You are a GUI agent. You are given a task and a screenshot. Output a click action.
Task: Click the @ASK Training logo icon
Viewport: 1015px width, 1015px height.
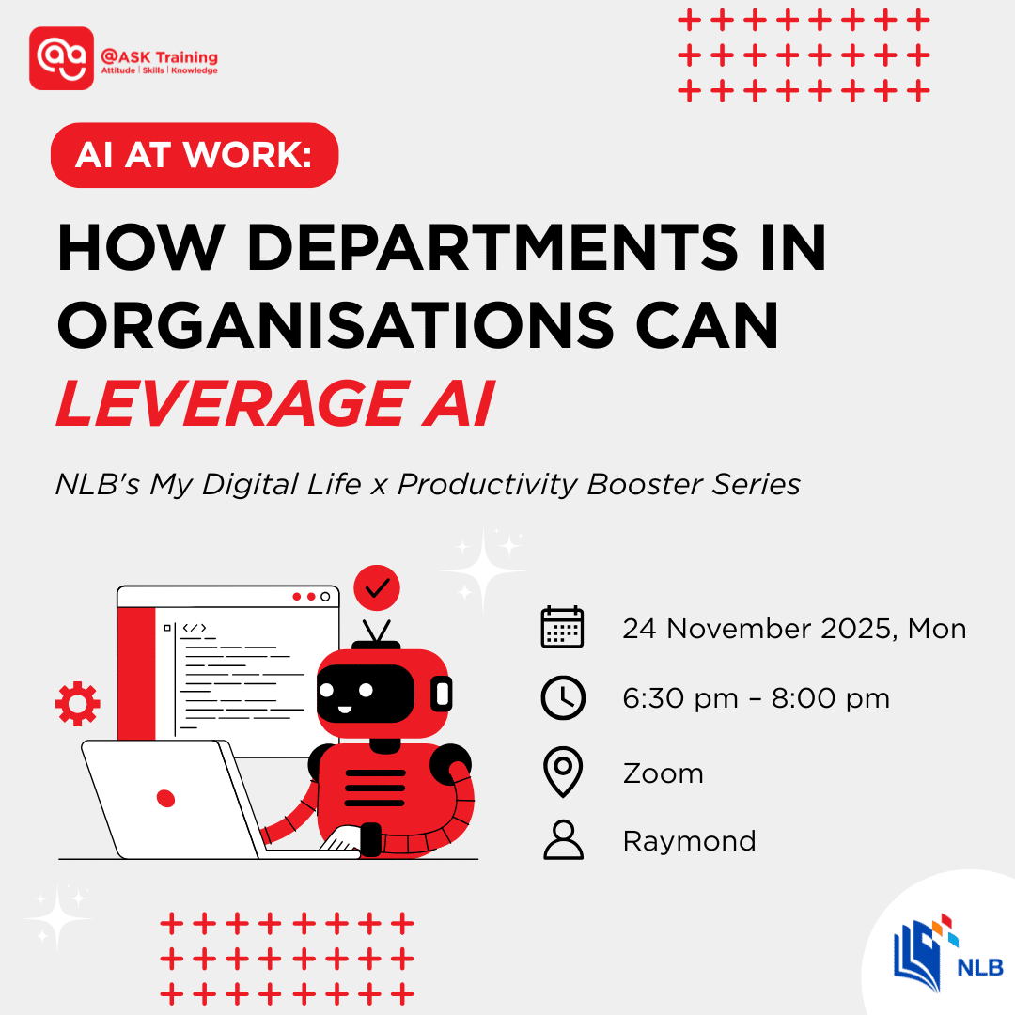coord(62,58)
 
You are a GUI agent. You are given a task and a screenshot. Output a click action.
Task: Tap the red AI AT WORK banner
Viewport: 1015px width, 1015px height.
coord(194,155)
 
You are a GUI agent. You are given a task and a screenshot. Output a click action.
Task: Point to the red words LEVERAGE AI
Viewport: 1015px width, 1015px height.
coord(274,402)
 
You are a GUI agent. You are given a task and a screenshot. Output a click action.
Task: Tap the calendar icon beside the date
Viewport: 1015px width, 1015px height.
coord(562,628)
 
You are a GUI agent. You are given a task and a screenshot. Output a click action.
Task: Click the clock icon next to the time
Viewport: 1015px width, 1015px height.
coord(563,698)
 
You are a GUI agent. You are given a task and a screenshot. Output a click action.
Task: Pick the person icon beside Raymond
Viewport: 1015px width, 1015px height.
coord(563,840)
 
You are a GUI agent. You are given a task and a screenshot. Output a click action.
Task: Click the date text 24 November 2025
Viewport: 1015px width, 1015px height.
coord(757,628)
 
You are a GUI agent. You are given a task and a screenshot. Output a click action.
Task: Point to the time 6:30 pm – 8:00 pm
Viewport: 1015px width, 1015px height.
coord(756,698)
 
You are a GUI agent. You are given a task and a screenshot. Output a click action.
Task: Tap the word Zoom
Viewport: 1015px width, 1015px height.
coord(663,773)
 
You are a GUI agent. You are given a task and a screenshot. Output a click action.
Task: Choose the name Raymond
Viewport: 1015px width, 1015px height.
coord(689,840)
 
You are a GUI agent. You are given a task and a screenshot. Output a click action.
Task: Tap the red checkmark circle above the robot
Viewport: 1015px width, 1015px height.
coord(377,588)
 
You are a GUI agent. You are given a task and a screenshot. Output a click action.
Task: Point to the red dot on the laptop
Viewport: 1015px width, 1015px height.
coord(165,798)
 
